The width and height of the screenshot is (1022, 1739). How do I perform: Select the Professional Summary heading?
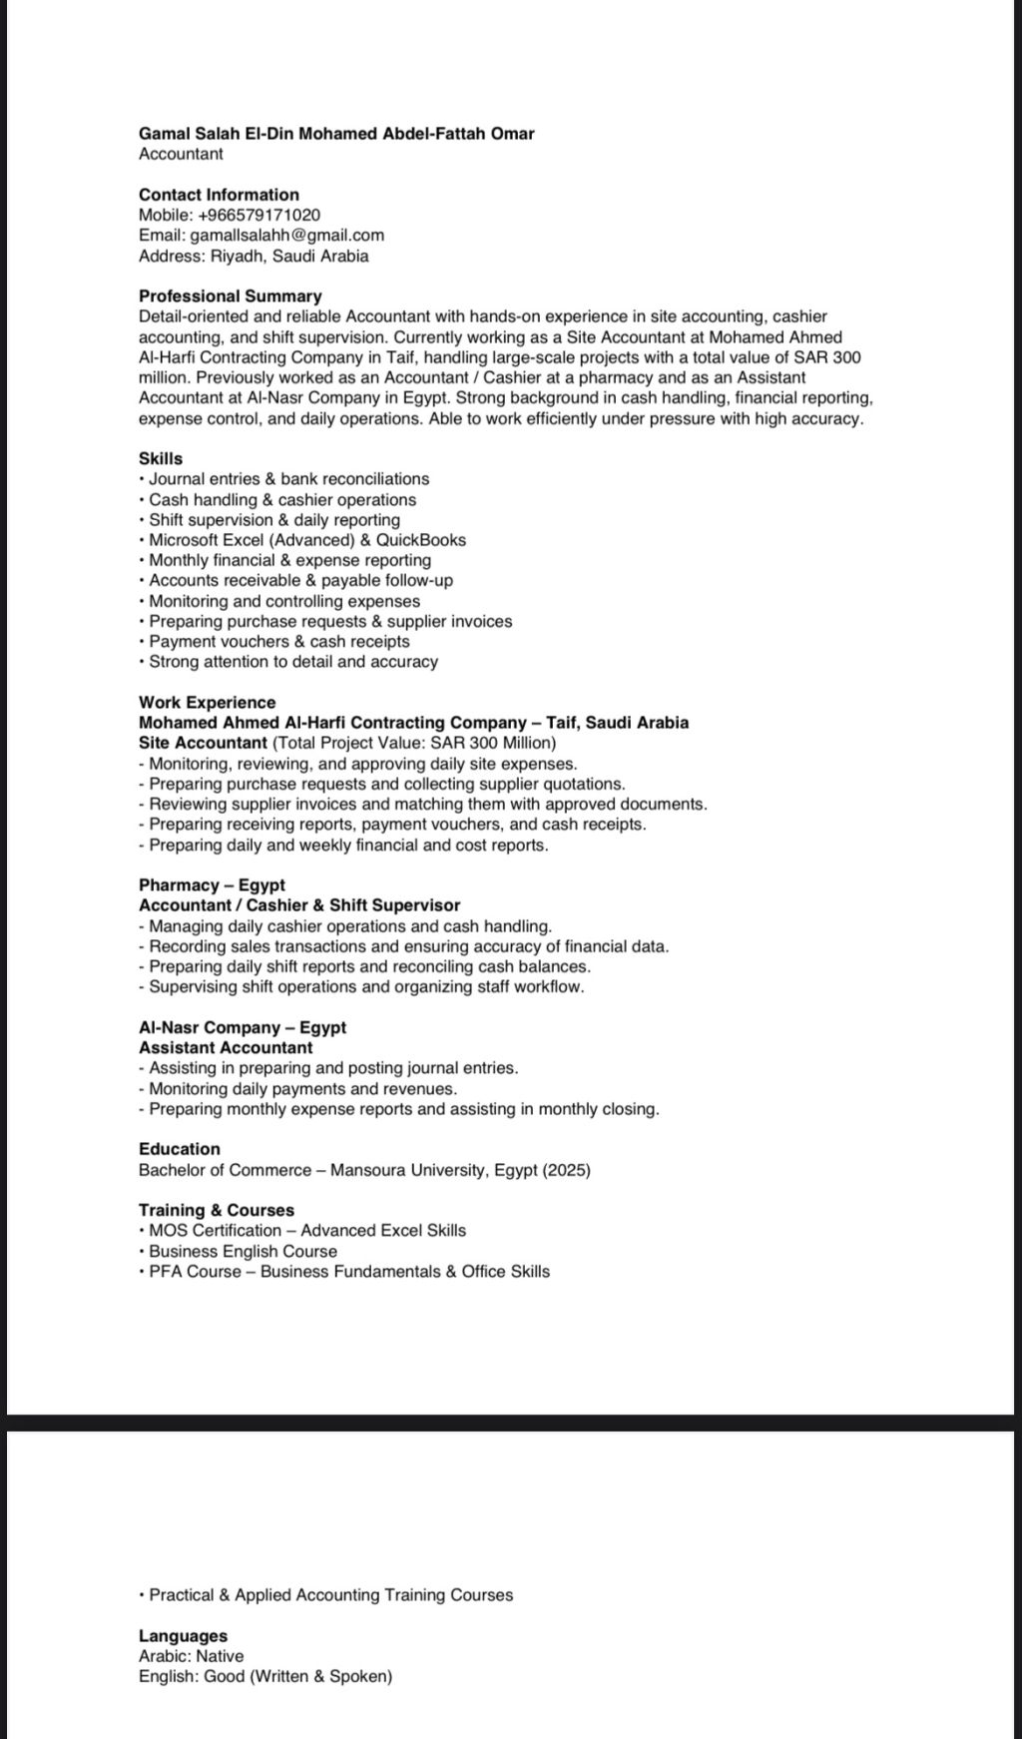230,296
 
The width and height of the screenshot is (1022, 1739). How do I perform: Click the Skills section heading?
161,459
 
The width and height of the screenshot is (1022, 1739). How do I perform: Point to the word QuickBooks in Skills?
421,540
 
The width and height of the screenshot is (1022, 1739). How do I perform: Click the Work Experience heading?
207,703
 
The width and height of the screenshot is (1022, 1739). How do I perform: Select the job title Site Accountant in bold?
203,743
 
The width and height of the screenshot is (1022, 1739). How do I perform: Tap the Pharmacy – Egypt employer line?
212,885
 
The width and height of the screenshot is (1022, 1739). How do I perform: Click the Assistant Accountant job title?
226,1048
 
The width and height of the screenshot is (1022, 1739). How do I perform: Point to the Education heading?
180,1149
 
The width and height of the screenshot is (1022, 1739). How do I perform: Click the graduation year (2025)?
567,1170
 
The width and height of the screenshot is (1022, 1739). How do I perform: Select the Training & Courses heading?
217,1210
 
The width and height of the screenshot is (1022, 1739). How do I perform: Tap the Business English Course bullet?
243,1252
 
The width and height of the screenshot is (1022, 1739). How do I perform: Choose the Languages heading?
183,1636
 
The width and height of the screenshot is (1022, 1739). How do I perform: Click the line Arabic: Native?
191,1656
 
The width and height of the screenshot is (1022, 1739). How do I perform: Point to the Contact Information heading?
219,195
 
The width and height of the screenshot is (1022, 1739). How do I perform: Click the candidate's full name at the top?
336,134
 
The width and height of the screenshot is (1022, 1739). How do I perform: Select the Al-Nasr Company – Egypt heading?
243,1028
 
